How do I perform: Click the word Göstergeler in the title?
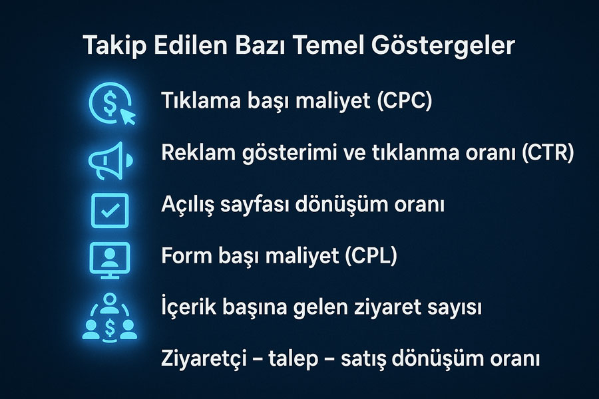(443, 46)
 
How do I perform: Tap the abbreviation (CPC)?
(404, 101)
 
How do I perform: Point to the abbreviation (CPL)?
(371, 255)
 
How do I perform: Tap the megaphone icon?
(110, 161)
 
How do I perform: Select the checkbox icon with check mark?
(110, 210)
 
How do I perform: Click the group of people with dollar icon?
(110, 317)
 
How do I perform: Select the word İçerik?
(186, 307)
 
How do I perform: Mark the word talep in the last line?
(293, 359)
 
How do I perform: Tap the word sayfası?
(254, 205)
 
